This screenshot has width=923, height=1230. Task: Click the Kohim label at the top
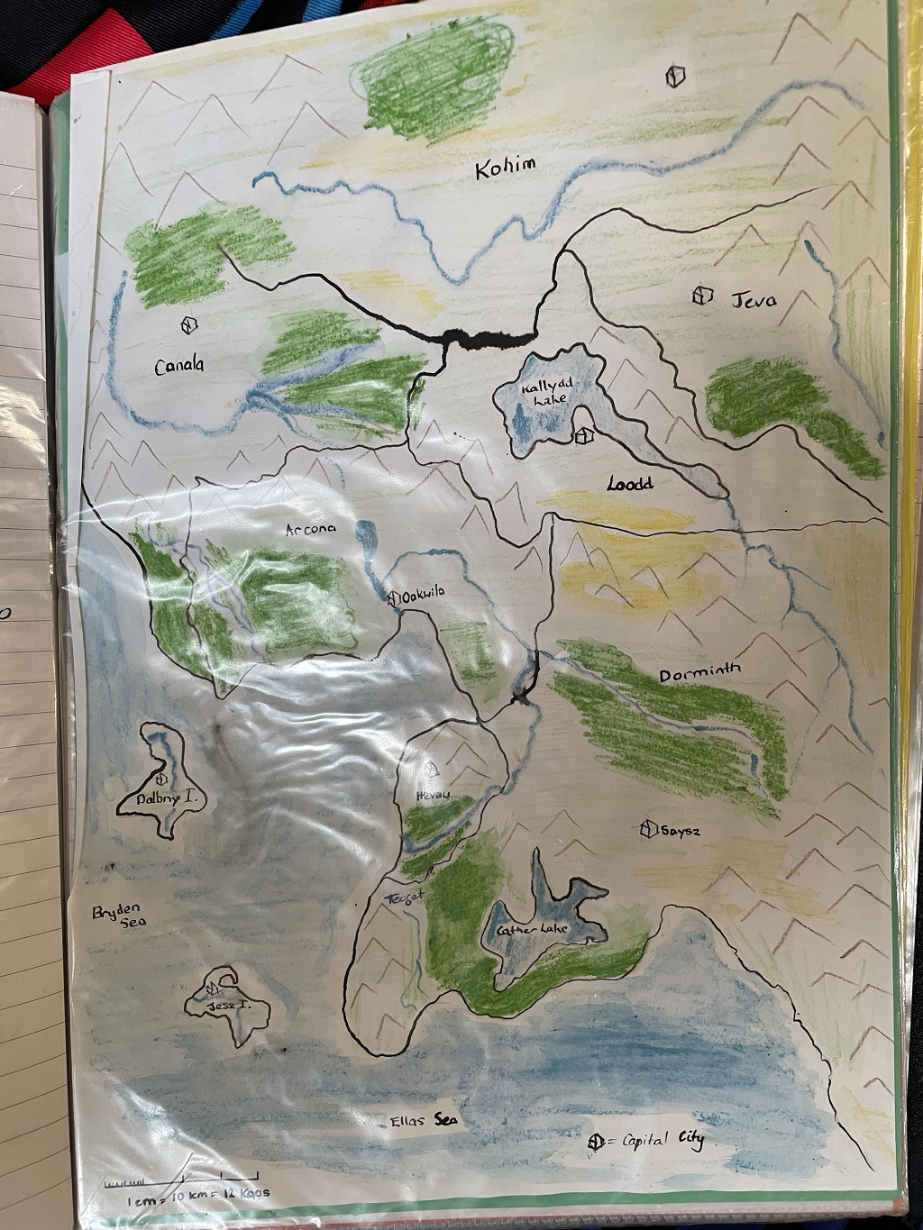coord(506,167)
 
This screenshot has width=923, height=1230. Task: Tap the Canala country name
coord(178,366)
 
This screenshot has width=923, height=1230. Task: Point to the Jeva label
coord(754,299)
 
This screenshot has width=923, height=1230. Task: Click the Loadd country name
coord(629,484)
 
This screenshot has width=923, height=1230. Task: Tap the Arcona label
coord(311,530)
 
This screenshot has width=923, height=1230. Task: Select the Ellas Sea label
coord(424,1121)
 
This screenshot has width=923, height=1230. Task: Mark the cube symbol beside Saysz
coord(647,829)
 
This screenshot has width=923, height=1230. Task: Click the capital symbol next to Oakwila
coord(393,597)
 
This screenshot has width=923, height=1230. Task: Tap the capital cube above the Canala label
coord(188,324)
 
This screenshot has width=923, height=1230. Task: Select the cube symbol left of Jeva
coord(703,296)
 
